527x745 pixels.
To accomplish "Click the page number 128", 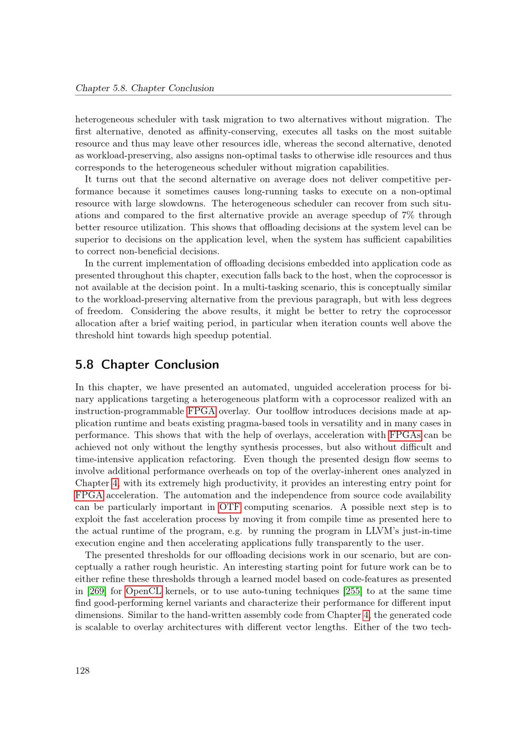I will (82, 670).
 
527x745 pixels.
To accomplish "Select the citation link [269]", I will (96, 591).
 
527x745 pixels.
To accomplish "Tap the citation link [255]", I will (352, 591).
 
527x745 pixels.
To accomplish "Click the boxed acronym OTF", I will (230, 507).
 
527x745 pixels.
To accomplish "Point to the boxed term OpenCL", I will (143, 591).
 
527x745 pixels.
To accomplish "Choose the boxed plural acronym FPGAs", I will (405, 435).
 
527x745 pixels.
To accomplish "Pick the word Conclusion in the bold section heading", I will (187, 365).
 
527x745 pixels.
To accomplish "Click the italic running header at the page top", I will (145, 88).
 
